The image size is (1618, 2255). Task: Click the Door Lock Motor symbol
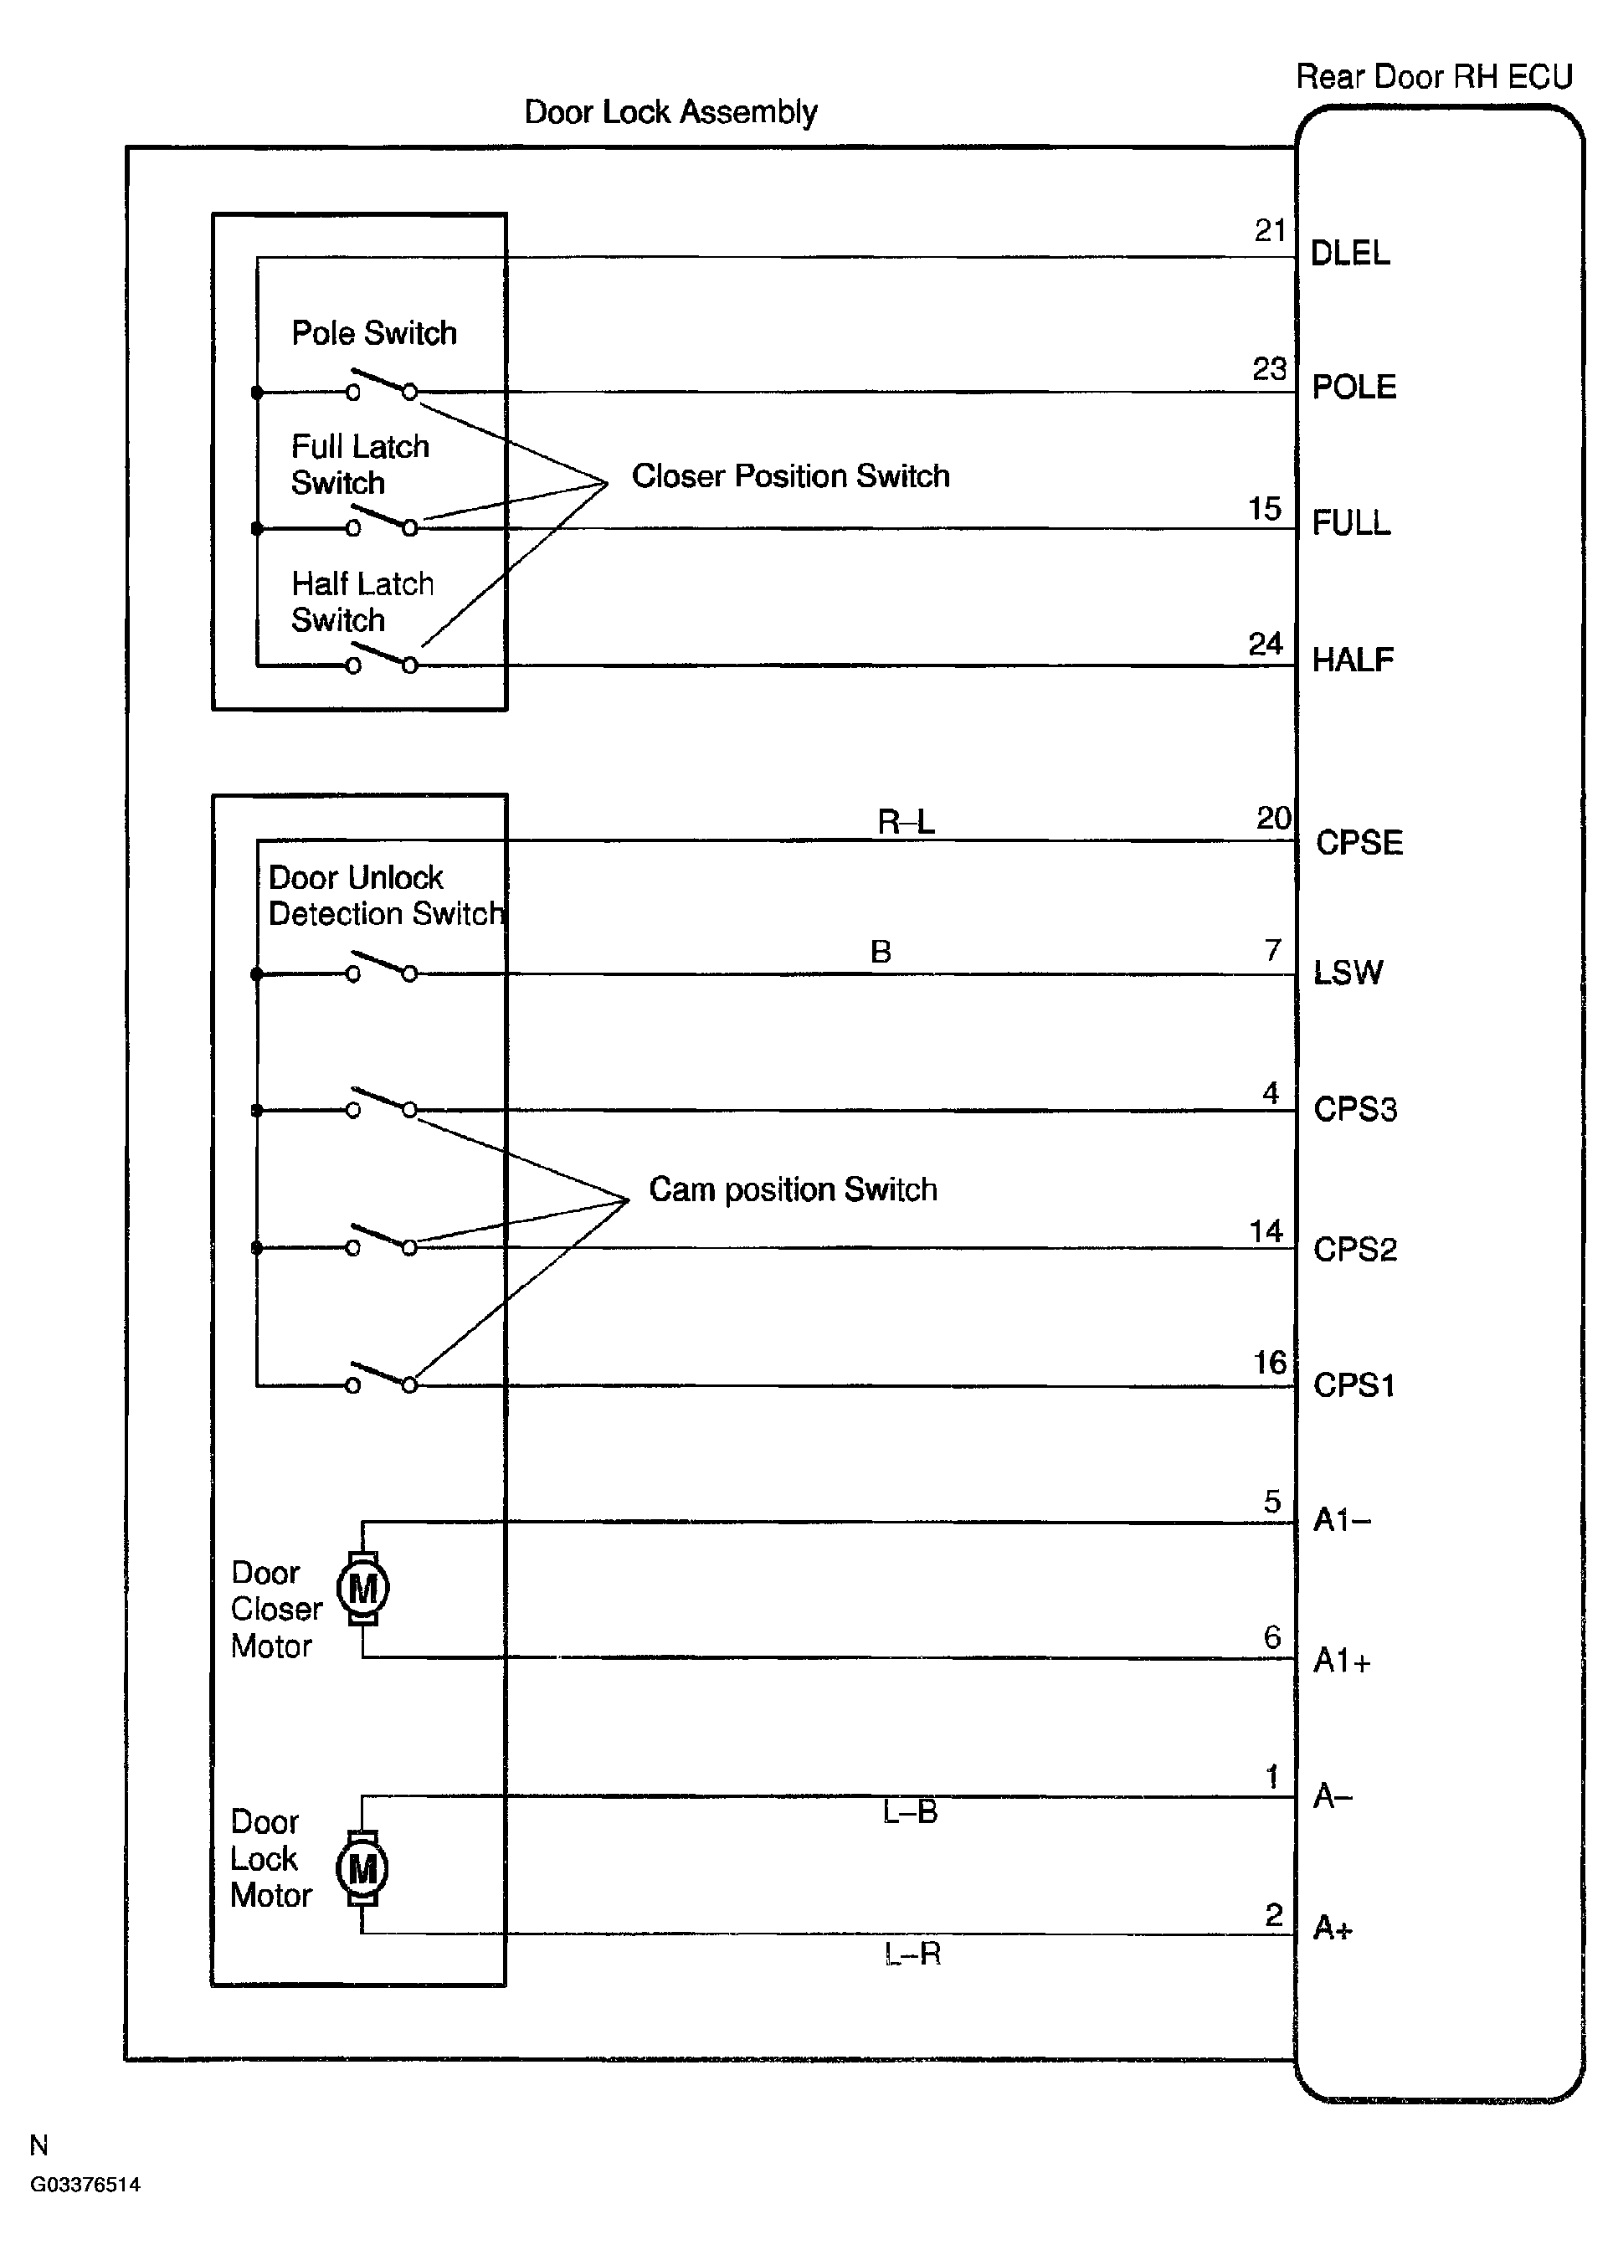tap(362, 1869)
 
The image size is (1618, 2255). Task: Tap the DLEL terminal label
tap(1349, 254)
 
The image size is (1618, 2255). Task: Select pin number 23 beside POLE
tap(1269, 369)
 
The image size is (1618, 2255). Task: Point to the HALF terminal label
tap(1353, 660)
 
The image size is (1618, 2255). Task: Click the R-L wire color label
tap(906, 822)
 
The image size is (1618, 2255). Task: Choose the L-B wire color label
tap(910, 1812)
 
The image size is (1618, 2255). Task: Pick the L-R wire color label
tap(912, 1954)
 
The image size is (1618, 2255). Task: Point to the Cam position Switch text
tap(793, 1189)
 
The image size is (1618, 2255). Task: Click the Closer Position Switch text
tap(791, 476)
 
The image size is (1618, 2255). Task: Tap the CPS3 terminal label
tap(1354, 1108)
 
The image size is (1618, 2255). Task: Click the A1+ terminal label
tap(1342, 1661)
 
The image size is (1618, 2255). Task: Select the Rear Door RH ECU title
tap(1434, 76)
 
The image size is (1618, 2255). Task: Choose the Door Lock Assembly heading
tap(670, 112)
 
